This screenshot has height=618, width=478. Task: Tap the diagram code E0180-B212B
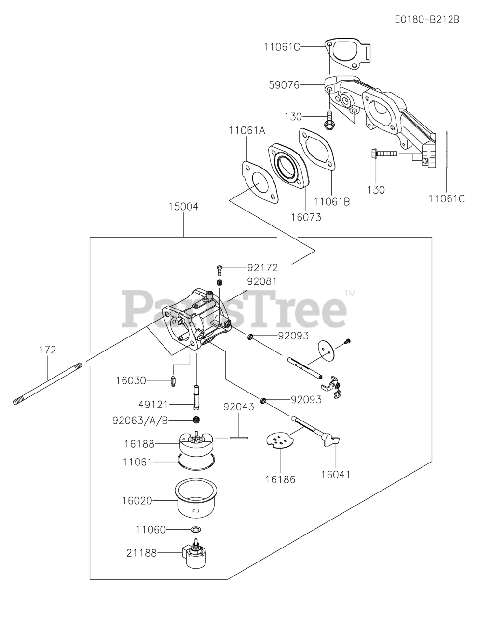(x=426, y=20)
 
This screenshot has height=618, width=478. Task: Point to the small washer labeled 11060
(x=196, y=530)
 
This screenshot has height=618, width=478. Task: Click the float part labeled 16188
(x=196, y=441)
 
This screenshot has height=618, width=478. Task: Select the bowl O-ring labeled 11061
(x=196, y=462)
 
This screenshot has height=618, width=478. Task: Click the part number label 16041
(x=336, y=475)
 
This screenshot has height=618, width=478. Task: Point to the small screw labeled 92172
(x=220, y=267)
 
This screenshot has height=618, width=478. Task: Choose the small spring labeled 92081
(x=219, y=281)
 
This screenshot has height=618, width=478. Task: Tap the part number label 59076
(x=284, y=85)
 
